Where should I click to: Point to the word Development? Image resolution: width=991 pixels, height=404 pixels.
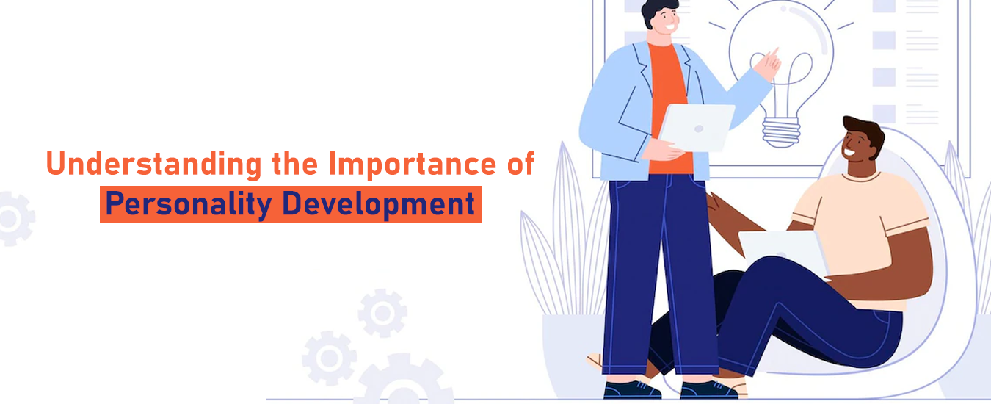point(378,205)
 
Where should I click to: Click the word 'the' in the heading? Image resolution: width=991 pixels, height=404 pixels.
point(295,163)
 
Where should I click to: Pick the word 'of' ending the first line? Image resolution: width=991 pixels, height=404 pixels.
point(521,163)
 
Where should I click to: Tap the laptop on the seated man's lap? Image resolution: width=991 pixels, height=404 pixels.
point(783,254)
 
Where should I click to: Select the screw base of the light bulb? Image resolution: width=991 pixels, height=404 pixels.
point(781,131)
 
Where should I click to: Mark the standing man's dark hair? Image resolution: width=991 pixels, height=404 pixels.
point(657,10)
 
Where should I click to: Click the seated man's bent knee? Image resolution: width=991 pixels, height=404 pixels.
point(752,279)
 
